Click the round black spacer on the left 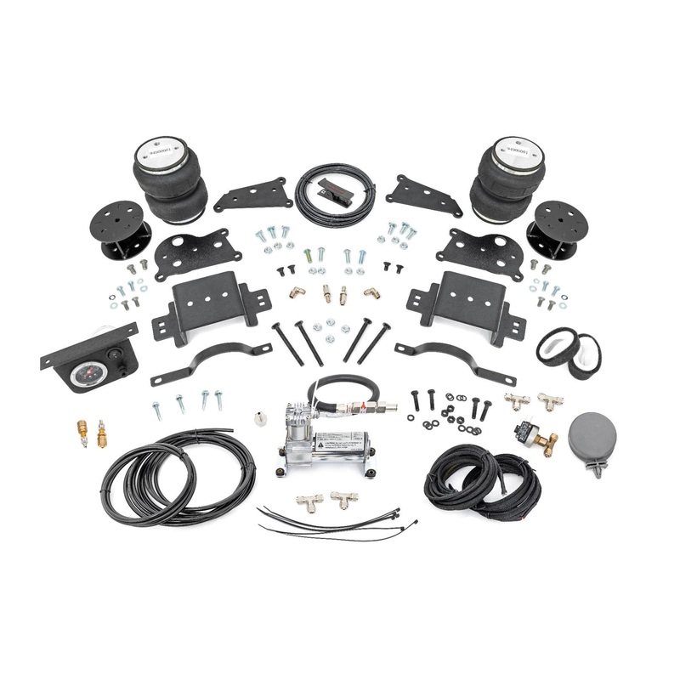(120, 229)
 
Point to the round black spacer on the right (556, 229)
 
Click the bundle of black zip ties (331, 519)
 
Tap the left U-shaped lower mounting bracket (208, 307)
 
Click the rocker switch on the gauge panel (120, 365)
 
